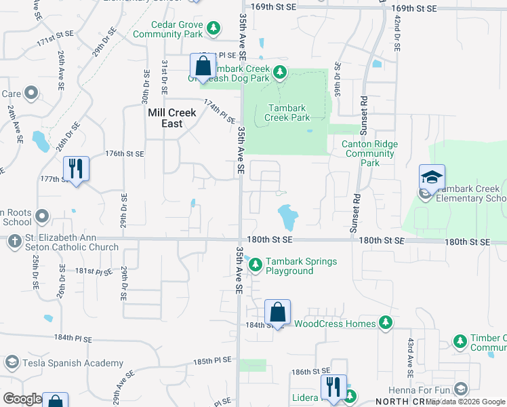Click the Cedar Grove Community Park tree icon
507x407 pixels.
point(214,28)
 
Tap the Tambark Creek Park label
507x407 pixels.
point(289,113)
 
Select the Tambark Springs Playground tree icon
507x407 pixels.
point(255,265)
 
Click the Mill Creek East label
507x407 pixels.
point(172,119)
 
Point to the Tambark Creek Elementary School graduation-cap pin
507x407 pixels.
point(432,178)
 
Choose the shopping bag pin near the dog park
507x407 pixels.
point(203,66)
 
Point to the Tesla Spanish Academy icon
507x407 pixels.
point(12,363)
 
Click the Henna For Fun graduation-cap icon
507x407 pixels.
point(461,389)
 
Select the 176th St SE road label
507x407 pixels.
point(125,154)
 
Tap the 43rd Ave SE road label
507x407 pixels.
point(410,357)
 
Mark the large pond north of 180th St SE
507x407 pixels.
point(288,217)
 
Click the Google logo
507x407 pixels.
point(22,399)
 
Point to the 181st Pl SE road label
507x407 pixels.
point(92,271)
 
